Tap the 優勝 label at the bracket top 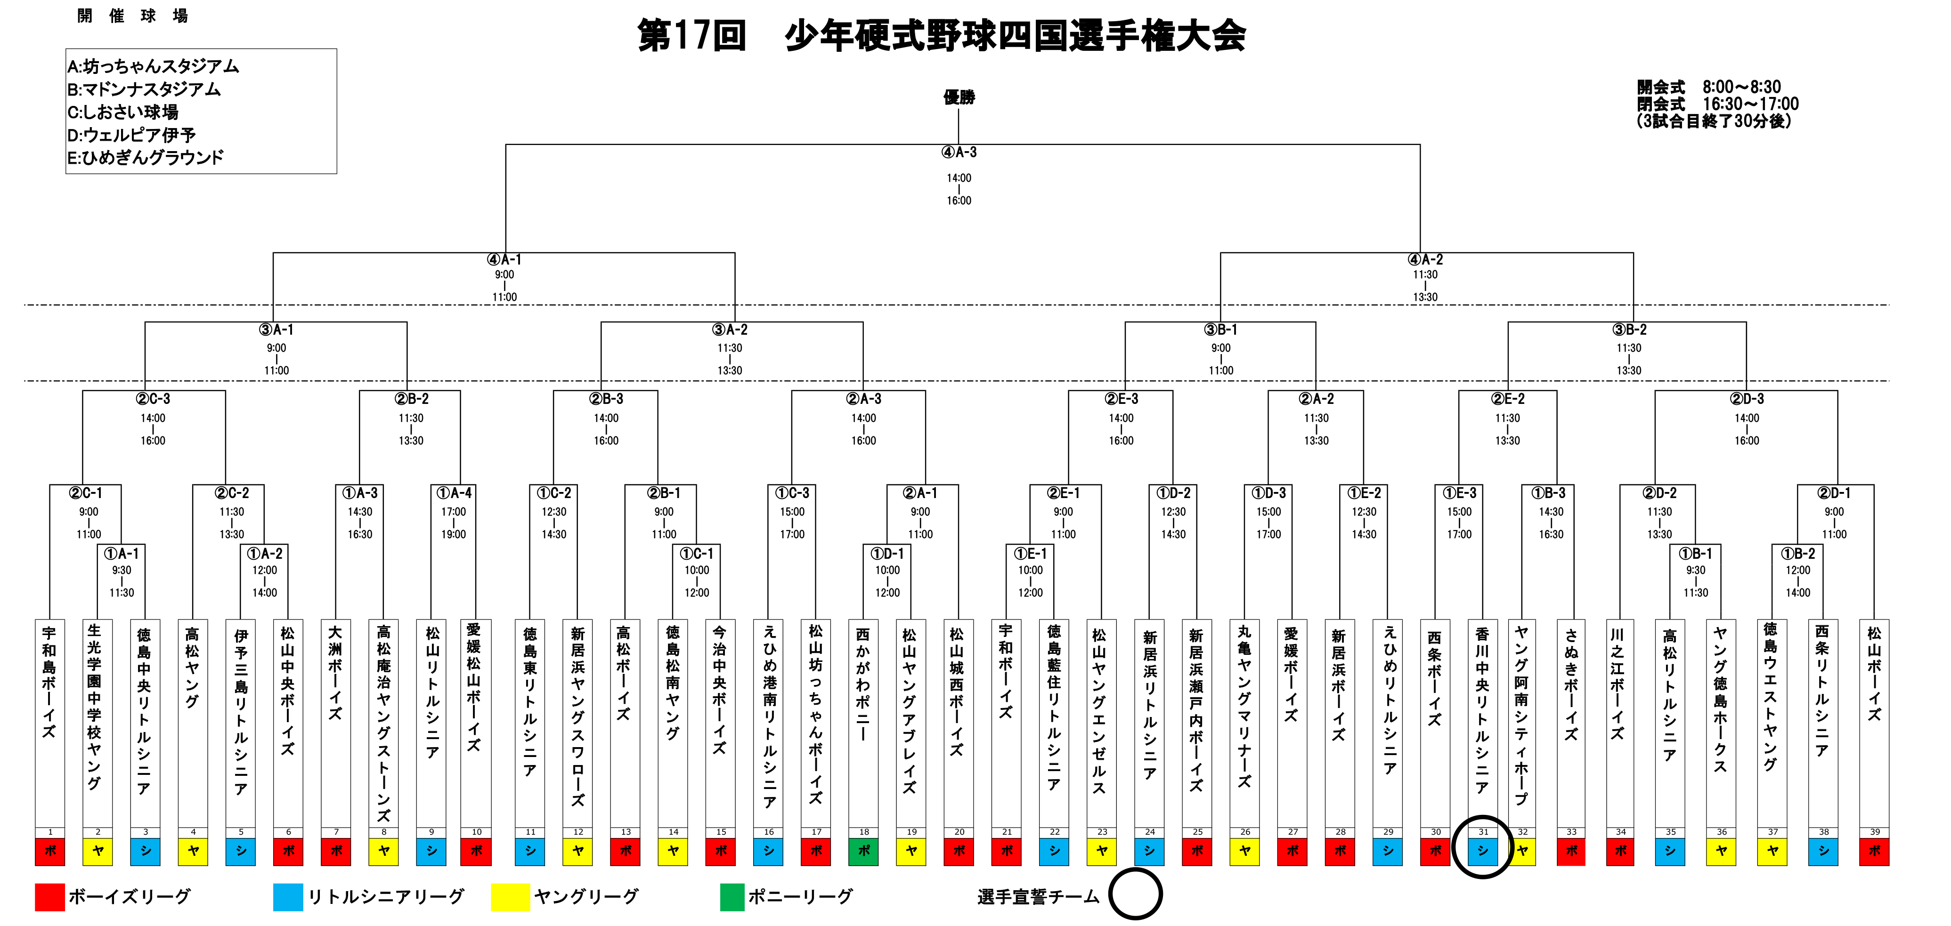pos(959,97)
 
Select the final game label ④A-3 pos(959,152)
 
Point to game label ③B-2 pos(1629,330)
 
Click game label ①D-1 pos(887,554)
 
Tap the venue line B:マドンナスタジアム pos(144,89)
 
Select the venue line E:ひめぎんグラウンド pos(146,158)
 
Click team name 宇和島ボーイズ pos(49,682)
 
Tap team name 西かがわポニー pos(863,682)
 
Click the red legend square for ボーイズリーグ pos(50,897)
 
